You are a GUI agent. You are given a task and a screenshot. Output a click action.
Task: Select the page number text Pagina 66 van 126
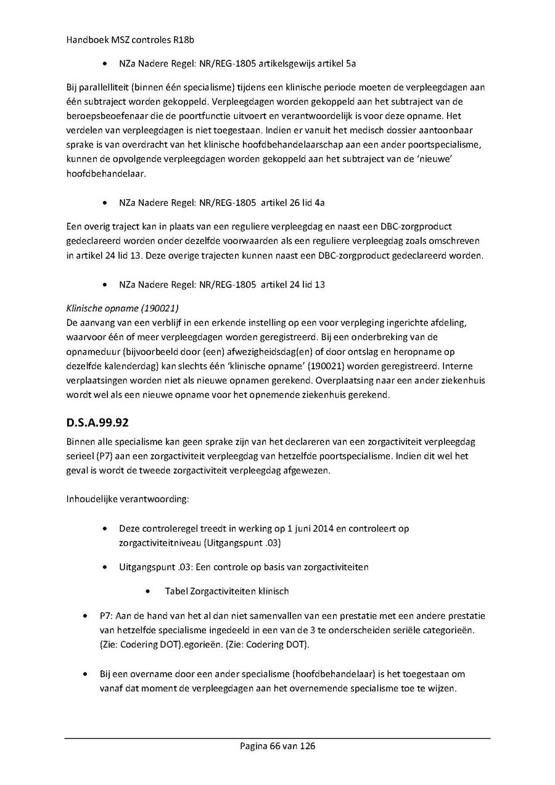pyautogui.click(x=277, y=746)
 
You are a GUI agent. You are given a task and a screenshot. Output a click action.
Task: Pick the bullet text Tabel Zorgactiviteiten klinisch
pyautogui.click(x=226, y=591)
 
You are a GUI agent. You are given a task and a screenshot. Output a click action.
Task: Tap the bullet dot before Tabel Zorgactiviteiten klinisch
pyautogui.click(x=150, y=591)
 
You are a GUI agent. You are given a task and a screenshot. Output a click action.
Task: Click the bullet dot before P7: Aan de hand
pyautogui.click(x=85, y=616)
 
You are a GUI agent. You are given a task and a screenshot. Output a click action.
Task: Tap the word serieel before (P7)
pyautogui.click(x=81, y=456)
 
